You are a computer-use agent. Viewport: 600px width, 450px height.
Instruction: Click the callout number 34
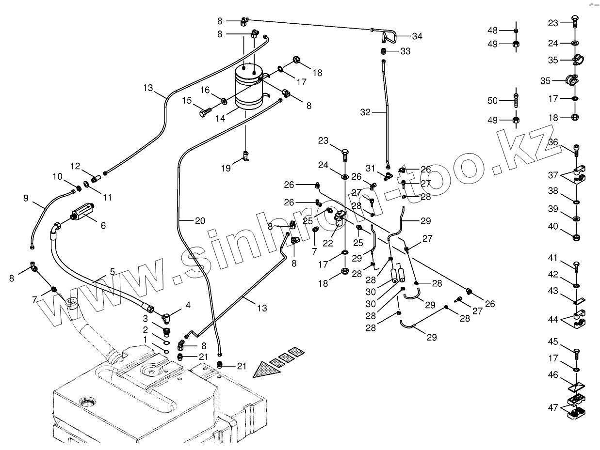[x=417, y=36]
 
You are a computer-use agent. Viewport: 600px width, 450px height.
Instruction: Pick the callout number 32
[x=365, y=112]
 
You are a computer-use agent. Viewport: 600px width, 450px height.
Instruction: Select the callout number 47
[x=553, y=408]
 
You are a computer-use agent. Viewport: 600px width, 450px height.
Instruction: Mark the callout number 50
[x=492, y=101]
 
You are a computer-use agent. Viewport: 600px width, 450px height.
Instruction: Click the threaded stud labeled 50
[x=516, y=100]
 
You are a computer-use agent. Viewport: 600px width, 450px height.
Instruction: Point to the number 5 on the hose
[x=112, y=272]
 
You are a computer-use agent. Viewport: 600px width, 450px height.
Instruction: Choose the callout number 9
[x=26, y=198]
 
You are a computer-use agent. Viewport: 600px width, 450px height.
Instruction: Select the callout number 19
[x=226, y=168]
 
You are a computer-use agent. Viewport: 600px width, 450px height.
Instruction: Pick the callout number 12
[x=75, y=166]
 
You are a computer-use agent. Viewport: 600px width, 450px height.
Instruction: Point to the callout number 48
[x=492, y=31]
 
